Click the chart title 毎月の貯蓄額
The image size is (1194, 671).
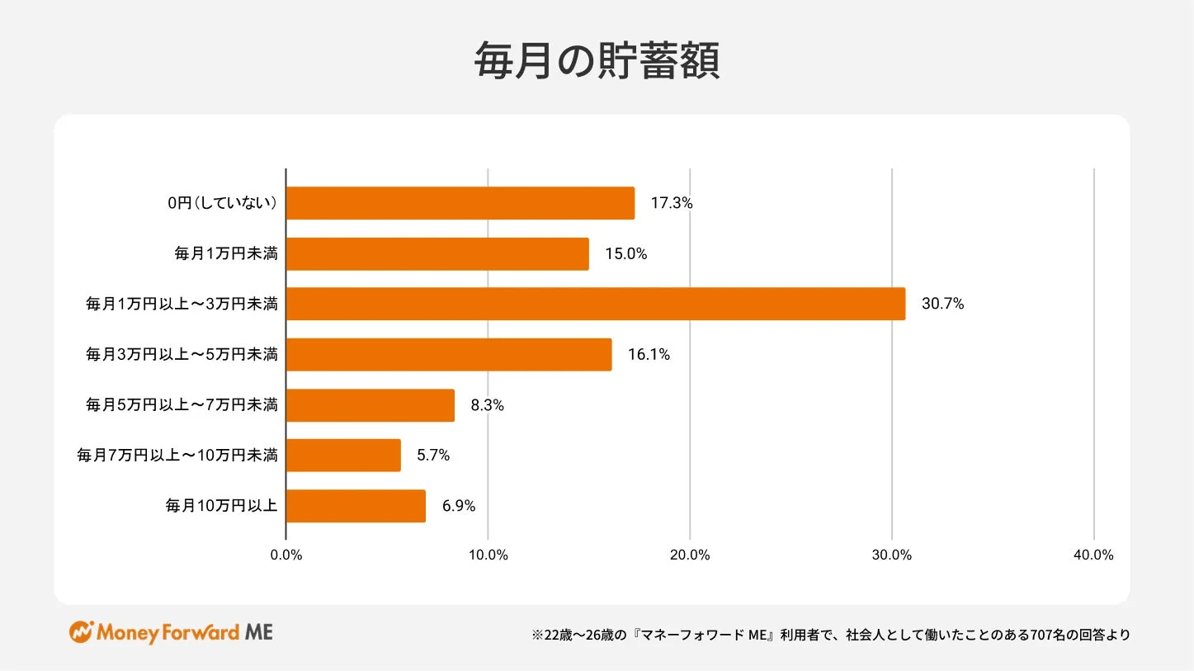click(597, 61)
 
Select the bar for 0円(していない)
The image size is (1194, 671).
click(460, 203)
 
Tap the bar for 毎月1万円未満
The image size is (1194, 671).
click(437, 253)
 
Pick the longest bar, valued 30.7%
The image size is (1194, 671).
click(595, 304)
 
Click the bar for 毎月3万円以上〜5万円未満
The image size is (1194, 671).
click(449, 354)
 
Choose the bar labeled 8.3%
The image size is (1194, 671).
click(370, 405)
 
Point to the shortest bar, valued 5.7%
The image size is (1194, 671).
click(343, 455)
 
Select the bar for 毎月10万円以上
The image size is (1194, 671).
click(356, 506)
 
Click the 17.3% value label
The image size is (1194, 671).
click(671, 203)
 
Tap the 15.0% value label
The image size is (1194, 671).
click(625, 253)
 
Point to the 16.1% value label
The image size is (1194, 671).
click(649, 354)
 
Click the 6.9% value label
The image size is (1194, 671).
click(459, 506)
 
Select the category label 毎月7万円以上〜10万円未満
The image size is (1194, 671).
click(177, 455)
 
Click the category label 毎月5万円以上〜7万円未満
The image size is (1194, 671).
click(182, 405)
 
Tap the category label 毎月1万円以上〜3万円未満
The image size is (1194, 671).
click(182, 305)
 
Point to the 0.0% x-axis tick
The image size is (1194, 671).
click(286, 555)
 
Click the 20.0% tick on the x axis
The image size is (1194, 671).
click(690, 555)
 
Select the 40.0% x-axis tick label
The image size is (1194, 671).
click(1093, 555)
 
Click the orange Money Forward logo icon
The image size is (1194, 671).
click(81, 632)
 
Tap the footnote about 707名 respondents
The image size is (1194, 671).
click(831, 635)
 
